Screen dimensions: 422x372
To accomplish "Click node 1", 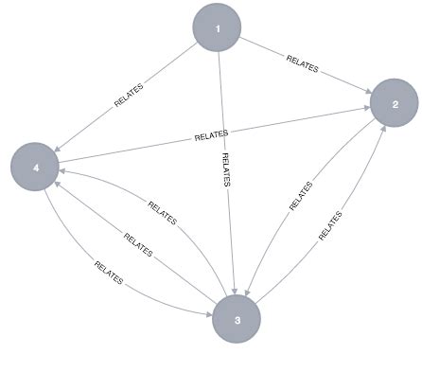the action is tap(219, 28).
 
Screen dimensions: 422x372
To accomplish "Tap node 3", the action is tap(237, 319).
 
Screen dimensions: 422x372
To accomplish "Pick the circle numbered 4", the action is tap(36, 167).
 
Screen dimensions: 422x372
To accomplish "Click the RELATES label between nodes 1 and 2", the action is tap(303, 66).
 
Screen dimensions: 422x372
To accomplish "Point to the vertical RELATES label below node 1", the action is tap(224, 170).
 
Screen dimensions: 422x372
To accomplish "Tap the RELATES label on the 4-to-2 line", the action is tap(211, 136).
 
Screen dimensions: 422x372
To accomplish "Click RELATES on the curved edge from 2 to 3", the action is tap(300, 194).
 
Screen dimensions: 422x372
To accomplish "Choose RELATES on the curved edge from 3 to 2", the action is tap(330, 225).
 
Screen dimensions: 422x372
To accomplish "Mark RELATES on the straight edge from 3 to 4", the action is tap(138, 245).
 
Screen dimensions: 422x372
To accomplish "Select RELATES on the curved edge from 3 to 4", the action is tap(163, 213).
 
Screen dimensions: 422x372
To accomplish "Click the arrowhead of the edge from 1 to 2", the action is tap(366, 91).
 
